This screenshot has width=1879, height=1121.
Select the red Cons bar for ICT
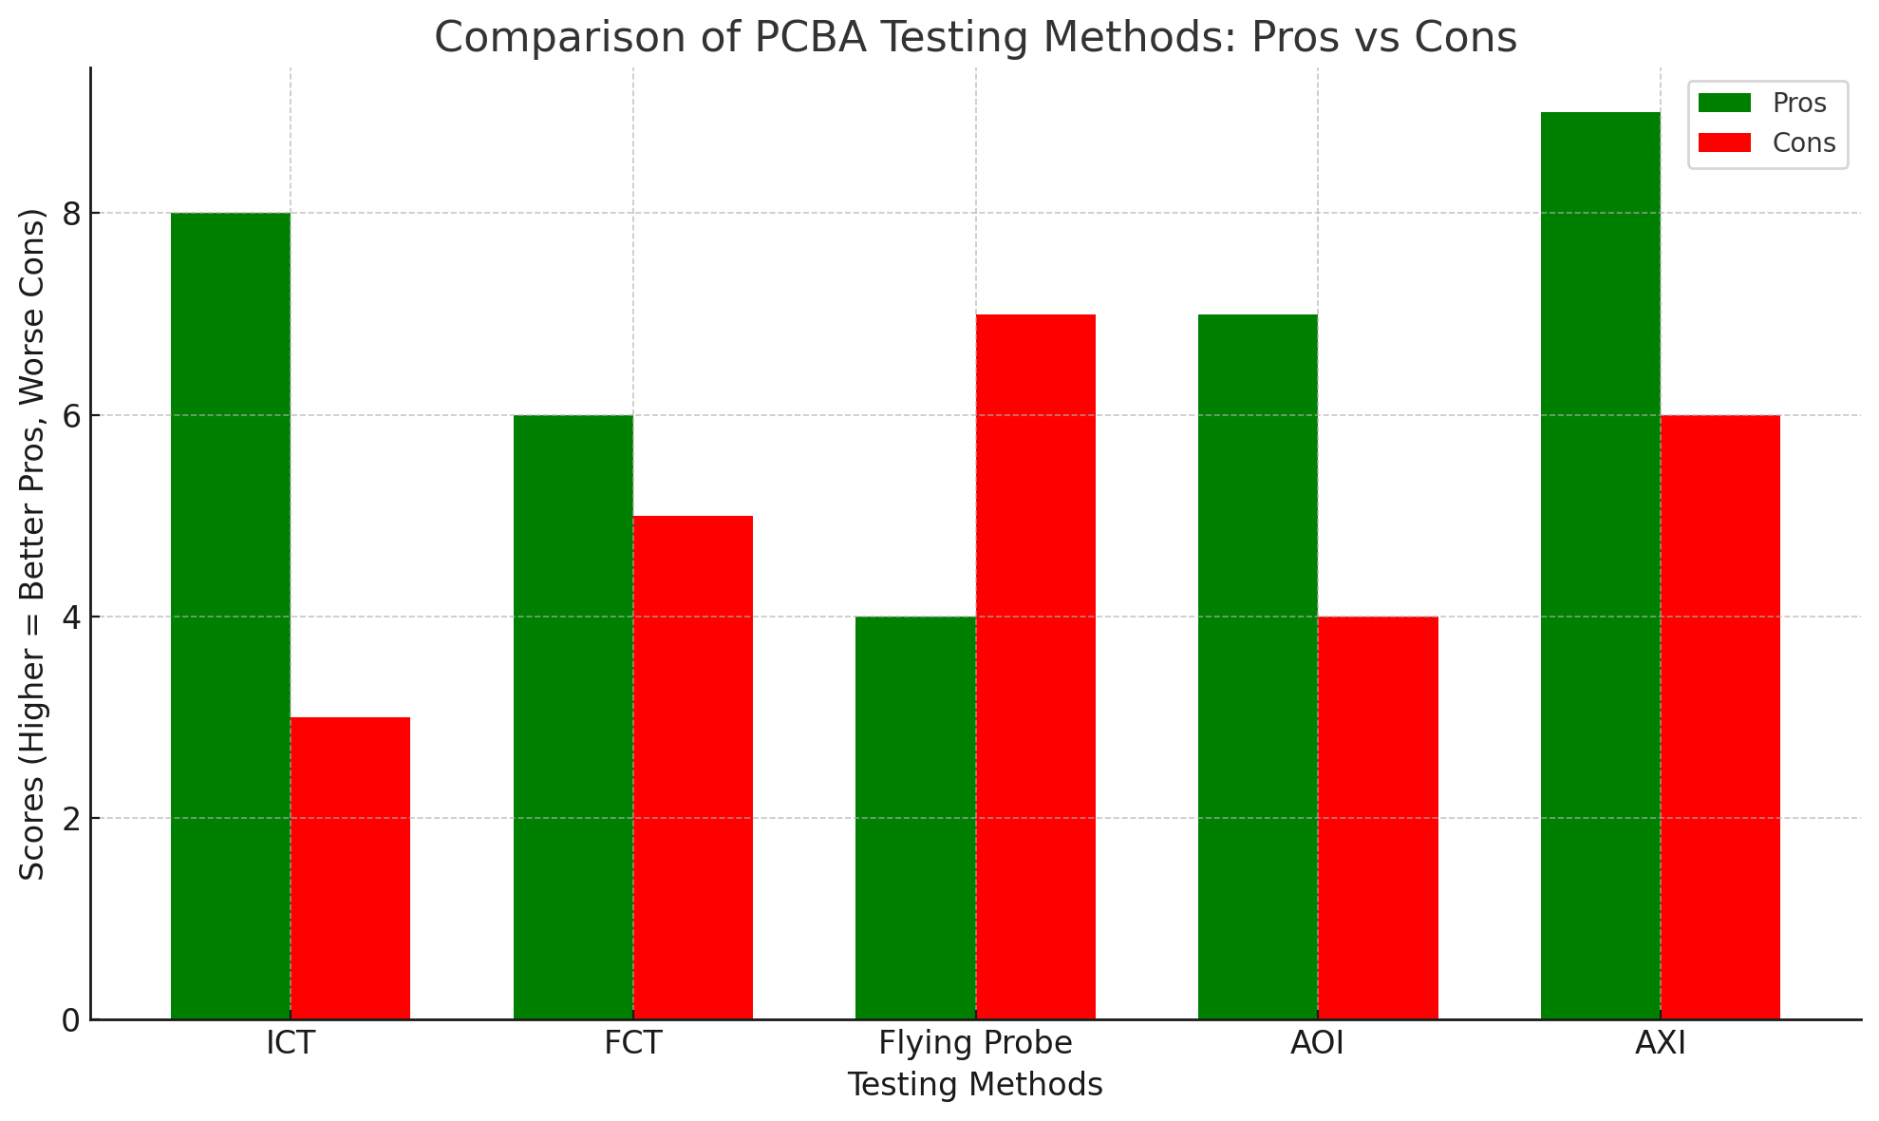[350, 868]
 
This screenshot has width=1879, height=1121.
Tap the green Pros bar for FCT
[573, 717]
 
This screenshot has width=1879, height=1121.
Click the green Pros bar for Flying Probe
[915, 818]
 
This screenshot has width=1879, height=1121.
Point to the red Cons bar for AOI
[1378, 818]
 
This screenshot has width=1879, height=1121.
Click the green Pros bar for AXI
[1601, 566]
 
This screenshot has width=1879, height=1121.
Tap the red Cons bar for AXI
[1720, 717]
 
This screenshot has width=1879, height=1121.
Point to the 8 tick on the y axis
[70, 214]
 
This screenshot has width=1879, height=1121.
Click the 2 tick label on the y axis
[70, 819]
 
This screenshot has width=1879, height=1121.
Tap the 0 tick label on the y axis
[70, 1020]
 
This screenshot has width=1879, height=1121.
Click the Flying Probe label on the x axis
[975, 1044]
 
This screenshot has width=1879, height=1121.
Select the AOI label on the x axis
[1318, 1044]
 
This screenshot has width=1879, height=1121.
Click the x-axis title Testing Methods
[975, 1085]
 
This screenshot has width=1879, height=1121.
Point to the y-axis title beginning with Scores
[33, 543]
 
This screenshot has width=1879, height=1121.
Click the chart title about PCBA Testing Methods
[975, 38]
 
